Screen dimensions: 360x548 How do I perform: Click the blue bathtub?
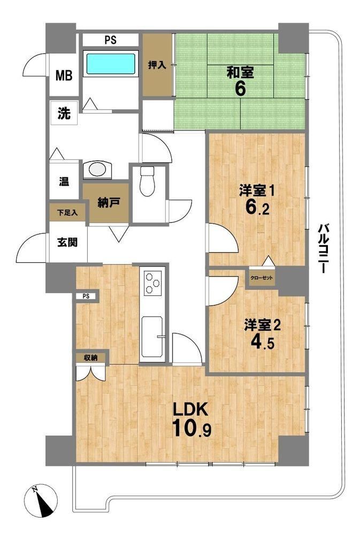click(x=111, y=63)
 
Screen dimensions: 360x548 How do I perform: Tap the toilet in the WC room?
click(x=147, y=181)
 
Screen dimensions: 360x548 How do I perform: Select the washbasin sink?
click(x=97, y=170)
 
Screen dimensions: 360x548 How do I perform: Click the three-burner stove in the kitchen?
click(x=152, y=281)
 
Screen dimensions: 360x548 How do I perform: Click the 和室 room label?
click(x=240, y=73)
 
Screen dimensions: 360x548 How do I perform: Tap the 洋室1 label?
click(x=258, y=191)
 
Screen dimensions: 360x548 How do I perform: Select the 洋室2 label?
click(x=263, y=325)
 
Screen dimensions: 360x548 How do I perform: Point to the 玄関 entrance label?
click(x=67, y=242)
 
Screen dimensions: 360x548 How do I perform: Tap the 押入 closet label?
click(x=157, y=65)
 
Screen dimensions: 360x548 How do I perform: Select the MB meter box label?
click(x=64, y=75)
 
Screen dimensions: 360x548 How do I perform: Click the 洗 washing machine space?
click(x=64, y=113)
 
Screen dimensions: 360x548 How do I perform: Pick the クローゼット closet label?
click(x=262, y=278)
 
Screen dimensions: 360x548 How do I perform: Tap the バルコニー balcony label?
click(x=323, y=248)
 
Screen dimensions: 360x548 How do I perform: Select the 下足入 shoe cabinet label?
click(x=67, y=212)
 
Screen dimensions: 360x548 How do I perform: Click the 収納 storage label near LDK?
click(x=90, y=357)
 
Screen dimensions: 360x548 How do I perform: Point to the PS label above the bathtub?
click(x=111, y=40)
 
